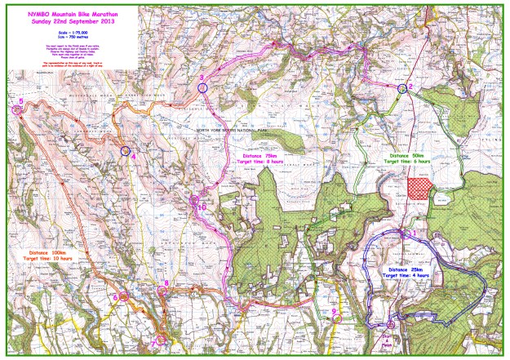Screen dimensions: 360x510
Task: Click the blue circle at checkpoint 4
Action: pyautogui.click(x=125, y=151)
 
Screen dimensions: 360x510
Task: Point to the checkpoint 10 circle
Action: pyautogui.click(x=194, y=199)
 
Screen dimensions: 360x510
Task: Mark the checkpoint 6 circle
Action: pyautogui.click(x=122, y=297)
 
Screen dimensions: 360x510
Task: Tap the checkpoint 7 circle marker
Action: pyautogui.click(x=161, y=338)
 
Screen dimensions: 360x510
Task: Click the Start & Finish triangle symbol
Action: pyautogui.click(x=391, y=325)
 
